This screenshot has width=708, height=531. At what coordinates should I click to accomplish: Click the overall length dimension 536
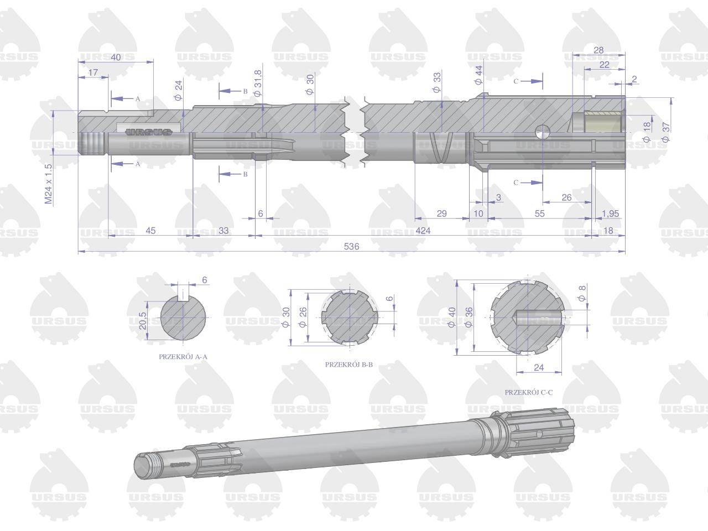(351, 247)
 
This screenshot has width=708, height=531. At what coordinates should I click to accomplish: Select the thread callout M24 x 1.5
(48, 184)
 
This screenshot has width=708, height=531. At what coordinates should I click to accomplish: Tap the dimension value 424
(423, 231)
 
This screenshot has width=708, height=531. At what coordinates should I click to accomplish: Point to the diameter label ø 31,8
(258, 83)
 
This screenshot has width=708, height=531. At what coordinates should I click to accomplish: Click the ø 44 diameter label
(478, 75)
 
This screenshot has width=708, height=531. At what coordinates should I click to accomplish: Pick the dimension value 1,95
(610, 214)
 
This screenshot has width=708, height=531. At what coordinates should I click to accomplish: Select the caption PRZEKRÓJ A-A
(183, 357)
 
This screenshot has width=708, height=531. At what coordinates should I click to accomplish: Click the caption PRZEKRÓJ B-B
(348, 365)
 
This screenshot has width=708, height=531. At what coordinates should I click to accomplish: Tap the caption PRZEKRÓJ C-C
(529, 392)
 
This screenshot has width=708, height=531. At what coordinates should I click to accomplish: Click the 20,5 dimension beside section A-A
(143, 321)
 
